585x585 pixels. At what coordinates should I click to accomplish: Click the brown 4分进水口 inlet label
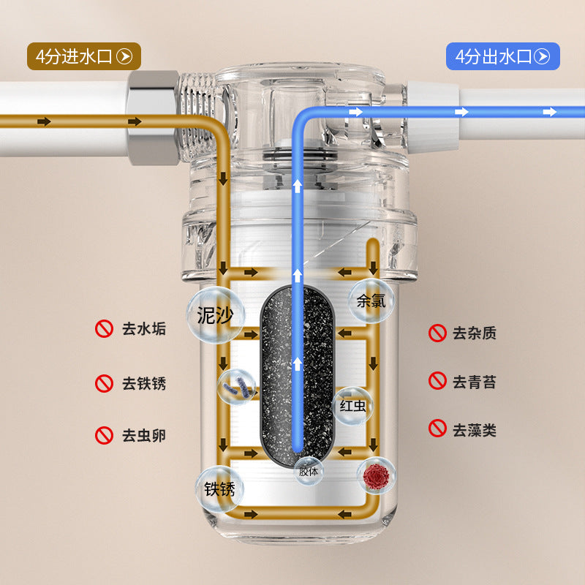click(x=84, y=56)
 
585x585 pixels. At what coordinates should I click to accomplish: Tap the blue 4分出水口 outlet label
click(x=503, y=56)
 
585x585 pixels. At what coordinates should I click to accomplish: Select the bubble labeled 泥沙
click(x=216, y=315)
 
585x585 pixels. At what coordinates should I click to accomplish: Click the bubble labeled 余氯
click(x=371, y=301)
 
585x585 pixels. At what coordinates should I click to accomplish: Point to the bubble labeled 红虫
click(x=352, y=406)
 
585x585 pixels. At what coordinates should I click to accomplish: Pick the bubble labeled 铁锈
click(x=219, y=488)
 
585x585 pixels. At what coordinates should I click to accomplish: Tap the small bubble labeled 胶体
click(x=309, y=471)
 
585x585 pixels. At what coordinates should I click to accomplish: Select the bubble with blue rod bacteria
click(x=236, y=387)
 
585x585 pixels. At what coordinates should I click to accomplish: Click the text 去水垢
click(x=144, y=329)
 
